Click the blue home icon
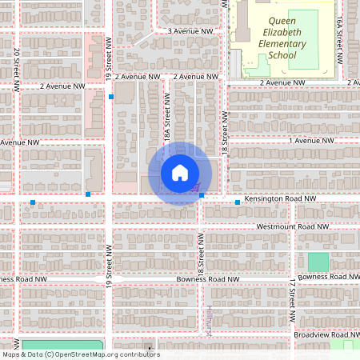[x=180, y=173]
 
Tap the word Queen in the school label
[x=282, y=22]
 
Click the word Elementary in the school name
[x=282, y=44]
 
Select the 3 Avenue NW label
[x=190, y=31]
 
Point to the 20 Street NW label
[x=17, y=64]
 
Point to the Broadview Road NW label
[x=328, y=334]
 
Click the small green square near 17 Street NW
[x=318, y=262]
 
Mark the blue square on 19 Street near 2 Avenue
[x=111, y=97]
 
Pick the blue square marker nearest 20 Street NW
[x=33, y=202]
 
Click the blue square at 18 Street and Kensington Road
[x=202, y=195]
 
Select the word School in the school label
[x=282, y=56]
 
